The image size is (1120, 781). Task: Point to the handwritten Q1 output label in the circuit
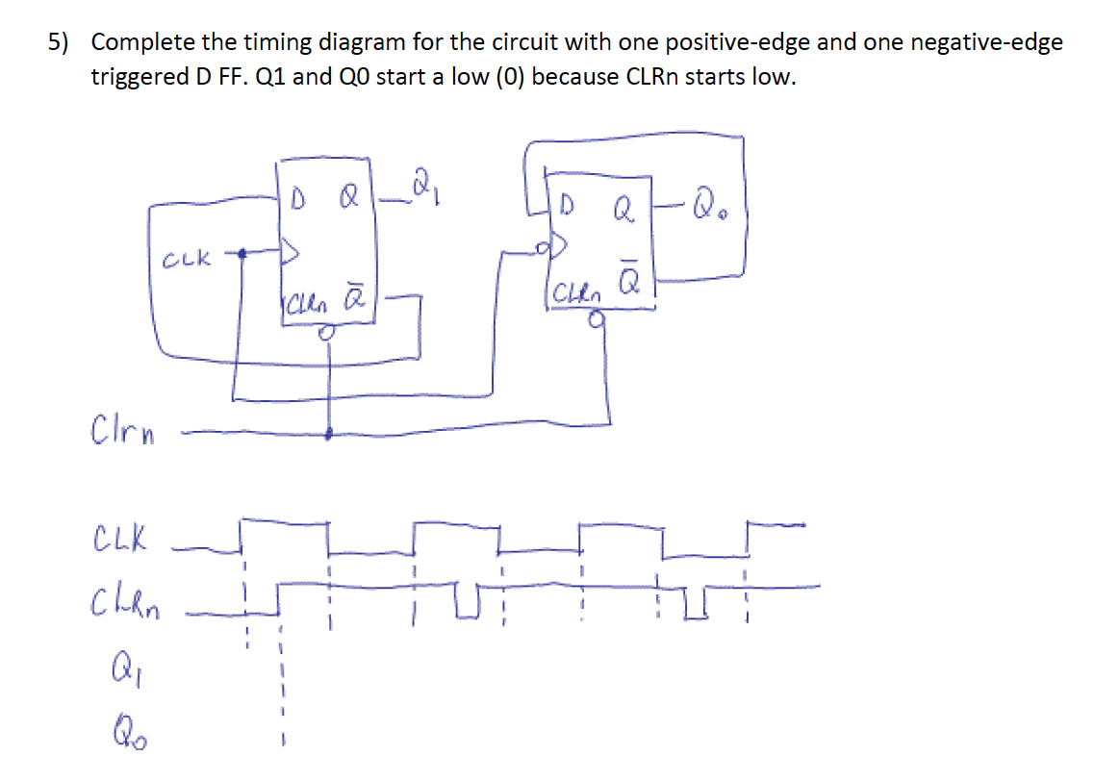point(422,181)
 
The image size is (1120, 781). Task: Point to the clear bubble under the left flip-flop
point(328,333)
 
